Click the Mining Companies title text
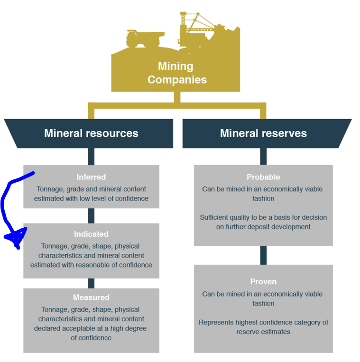click(x=176, y=73)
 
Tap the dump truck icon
click(x=144, y=38)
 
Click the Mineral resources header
click(x=91, y=133)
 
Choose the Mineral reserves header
click(x=263, y=133)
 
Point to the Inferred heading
click(x=91, y=177)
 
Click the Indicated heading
click(x=91, y=234)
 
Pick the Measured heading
click(x=91, y=297)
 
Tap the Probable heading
click(x=263, y=177)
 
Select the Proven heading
click(x=263, y=282)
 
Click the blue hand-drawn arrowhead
click(x=16, y=237)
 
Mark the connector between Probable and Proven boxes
click(x=263, y=255)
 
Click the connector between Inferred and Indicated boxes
click(x=91, y=216)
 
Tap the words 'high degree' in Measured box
click(x=127, y=328)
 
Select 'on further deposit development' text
click(x=263, y=227)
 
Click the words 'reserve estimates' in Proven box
click(x=263, y=332)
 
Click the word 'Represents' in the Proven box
click(x=215, y=322)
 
